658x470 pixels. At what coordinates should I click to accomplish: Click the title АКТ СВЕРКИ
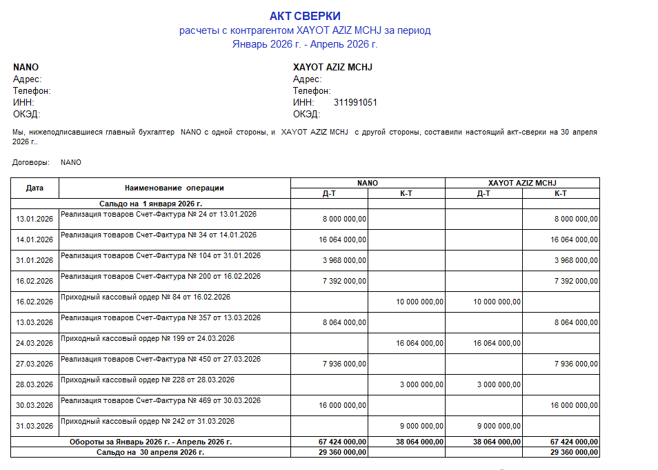305,16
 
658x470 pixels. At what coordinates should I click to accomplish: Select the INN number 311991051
355,102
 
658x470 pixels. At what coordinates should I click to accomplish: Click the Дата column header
34,188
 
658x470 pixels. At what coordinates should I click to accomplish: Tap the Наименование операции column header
175,188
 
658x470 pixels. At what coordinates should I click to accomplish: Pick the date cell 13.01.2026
34,219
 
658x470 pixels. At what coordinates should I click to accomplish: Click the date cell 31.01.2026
34,261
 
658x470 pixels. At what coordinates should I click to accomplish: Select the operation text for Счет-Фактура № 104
161,256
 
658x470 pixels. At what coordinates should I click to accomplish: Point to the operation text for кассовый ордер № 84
146,297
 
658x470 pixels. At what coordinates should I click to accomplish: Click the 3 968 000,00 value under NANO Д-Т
343,261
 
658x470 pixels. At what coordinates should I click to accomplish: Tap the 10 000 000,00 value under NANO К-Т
419,302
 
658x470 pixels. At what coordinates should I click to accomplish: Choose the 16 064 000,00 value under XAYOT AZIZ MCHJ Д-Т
497,344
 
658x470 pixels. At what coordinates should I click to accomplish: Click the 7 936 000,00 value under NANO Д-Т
343,364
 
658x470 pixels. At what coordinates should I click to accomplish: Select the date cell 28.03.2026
34,385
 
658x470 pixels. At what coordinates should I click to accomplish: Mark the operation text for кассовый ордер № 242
148,421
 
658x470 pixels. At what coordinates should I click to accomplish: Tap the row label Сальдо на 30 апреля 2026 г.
150,452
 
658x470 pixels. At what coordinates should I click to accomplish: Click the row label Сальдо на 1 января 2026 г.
150,204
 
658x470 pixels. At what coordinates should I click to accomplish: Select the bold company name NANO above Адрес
26,67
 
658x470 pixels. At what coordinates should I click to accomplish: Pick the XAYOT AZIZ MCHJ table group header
522,183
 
